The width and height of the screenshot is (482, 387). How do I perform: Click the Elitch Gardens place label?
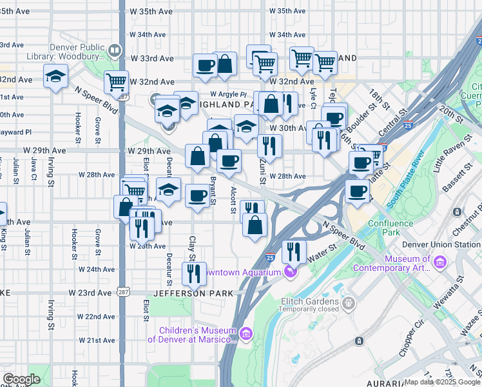tap(309, 301)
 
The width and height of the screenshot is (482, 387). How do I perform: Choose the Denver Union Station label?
tap(441, 244)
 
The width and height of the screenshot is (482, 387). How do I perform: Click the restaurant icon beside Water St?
tap(294, 250)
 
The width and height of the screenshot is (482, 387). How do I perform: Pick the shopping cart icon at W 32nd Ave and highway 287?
tap(116, 82)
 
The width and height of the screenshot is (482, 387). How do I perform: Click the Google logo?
tap(21, 379)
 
